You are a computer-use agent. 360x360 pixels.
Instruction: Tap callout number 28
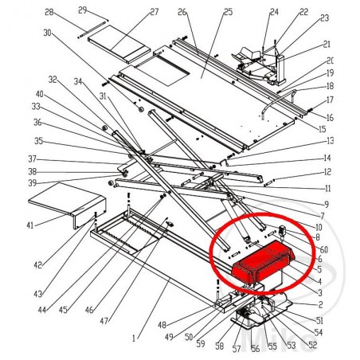click(49, 13)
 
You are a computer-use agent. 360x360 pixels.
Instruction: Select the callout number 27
click(154, 13)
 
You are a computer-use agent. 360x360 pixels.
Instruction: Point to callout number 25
click(205, 13)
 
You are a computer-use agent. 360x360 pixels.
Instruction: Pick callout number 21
click(327, 45)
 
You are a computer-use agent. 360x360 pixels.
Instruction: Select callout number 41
click(29, 226)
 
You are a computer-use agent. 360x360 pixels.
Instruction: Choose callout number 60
click(323, 249)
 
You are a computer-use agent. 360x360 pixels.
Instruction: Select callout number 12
click(327, 173)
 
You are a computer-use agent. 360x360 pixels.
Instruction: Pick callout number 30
click(47, 33)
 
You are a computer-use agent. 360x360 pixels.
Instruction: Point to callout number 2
click(320, 303)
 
